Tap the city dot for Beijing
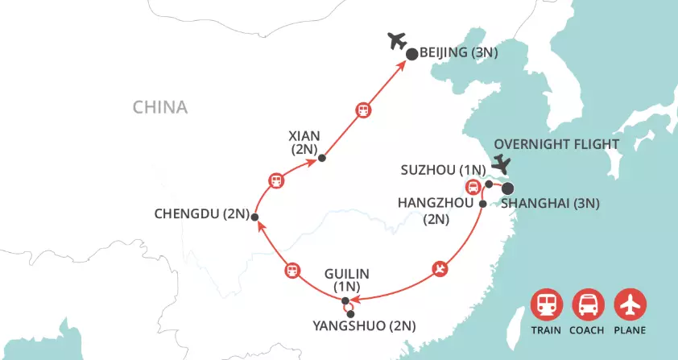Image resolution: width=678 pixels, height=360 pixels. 411,55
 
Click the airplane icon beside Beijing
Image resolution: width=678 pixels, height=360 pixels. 396,41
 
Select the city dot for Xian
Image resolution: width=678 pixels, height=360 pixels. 321,158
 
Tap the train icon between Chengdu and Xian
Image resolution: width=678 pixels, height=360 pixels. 276,180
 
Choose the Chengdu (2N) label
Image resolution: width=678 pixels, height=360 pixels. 201,214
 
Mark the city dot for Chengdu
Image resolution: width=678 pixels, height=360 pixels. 254,217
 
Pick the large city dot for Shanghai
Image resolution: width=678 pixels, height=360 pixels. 509,189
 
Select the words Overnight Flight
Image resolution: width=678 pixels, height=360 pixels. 556,144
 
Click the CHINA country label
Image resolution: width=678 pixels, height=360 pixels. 160,107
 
